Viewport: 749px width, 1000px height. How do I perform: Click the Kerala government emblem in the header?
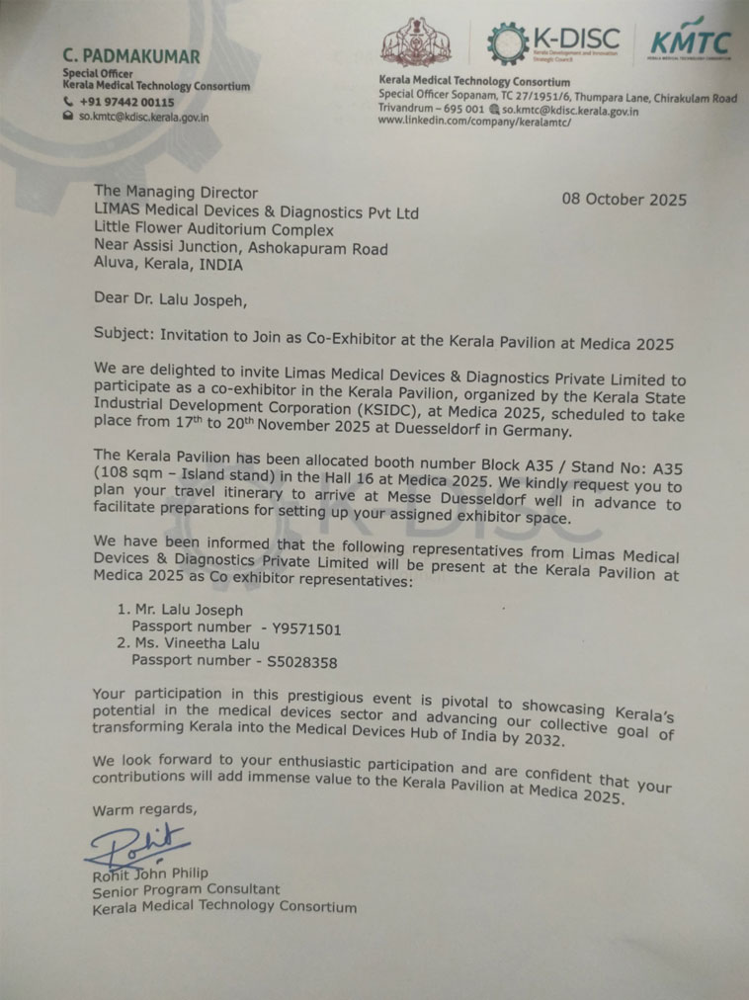[x=417, y=42]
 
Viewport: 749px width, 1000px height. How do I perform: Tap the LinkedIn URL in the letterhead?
[x=474, y=122]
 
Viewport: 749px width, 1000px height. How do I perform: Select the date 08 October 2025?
[x=624, y=199]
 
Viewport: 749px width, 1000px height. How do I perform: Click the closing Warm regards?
[x=144, y=811]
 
